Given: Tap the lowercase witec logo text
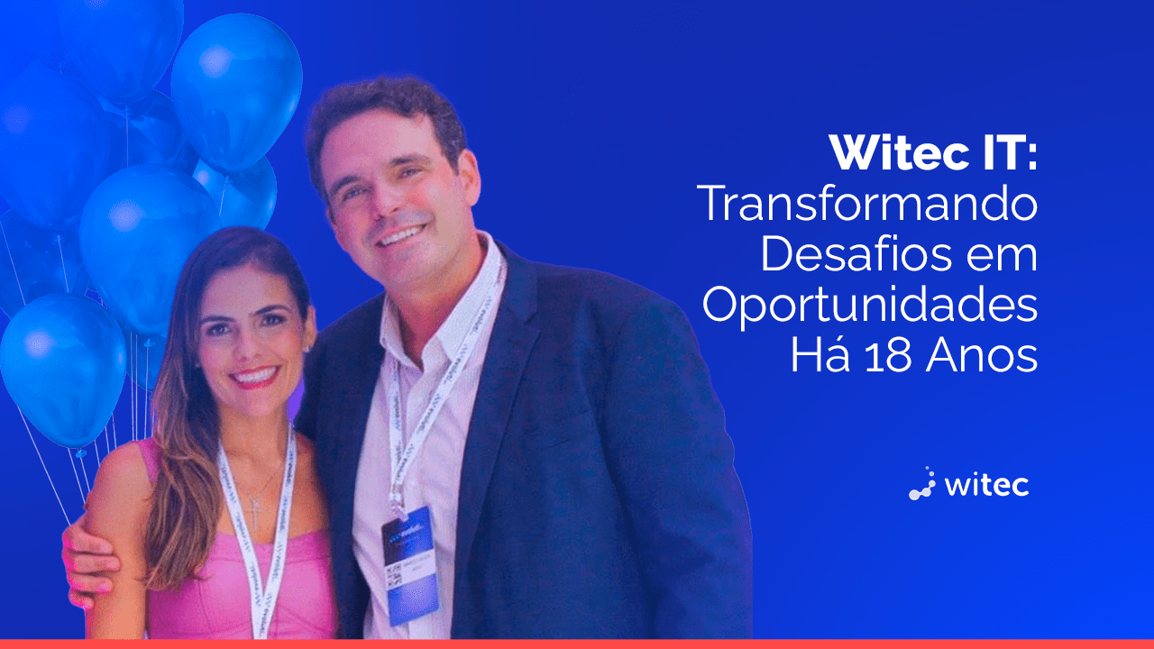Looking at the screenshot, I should (986, 485).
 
